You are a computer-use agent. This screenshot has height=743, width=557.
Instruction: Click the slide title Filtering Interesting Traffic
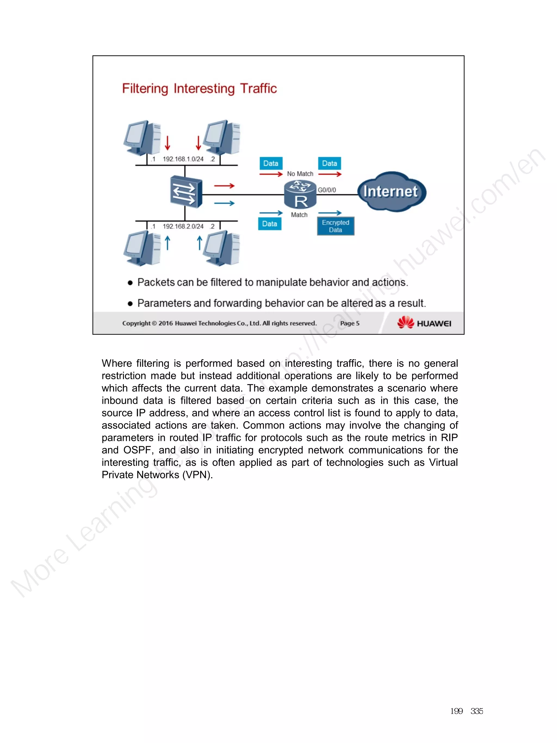[199, 89]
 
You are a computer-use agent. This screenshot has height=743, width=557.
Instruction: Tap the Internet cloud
[391, 192]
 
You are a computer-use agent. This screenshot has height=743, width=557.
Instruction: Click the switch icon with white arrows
[186, 192]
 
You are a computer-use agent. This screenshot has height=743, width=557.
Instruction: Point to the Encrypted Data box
[335, 226]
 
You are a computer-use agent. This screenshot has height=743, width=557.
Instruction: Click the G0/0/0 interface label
[327, 190]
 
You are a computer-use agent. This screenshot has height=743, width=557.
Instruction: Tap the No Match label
[300, 174]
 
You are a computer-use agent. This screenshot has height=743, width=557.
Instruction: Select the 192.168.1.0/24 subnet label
[183, 159]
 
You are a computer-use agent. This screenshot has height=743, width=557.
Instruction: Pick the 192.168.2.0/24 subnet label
[183, 226]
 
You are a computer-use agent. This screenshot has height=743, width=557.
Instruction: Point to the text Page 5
[349, 323]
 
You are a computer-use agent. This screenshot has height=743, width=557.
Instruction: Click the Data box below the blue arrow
[270, 224]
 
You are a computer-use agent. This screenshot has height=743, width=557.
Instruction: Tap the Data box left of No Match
[271, 163]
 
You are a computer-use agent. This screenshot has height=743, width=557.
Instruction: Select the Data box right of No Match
[329, 163]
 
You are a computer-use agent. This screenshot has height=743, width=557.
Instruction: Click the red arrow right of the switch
[224, 186]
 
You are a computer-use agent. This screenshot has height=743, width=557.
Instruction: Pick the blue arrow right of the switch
[224, 203]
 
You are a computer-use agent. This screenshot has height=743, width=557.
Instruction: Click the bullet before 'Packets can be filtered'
[130, 283]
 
